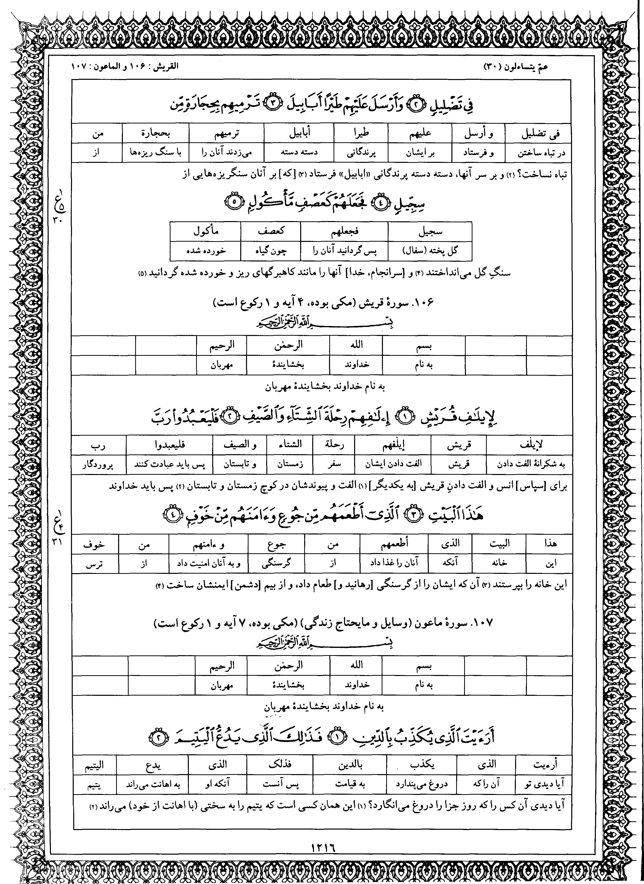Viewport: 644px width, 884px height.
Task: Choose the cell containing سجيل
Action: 430,232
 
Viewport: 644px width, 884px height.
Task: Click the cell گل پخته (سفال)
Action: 430,251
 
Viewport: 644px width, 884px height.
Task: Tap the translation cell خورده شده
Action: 205,251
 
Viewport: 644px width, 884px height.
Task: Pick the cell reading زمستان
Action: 290,464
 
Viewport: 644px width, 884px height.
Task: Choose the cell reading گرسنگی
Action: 276,563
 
